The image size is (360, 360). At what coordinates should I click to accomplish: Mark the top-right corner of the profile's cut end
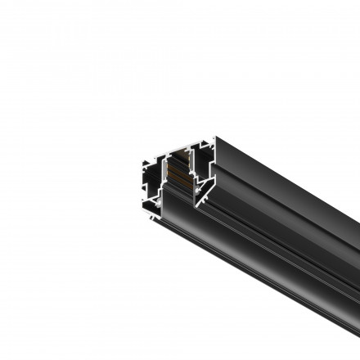point(215,138)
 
